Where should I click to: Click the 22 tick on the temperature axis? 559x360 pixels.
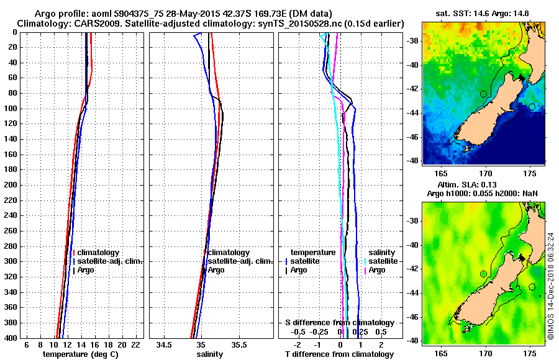(135, 344)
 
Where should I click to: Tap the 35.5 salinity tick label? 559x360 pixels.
(239, 344)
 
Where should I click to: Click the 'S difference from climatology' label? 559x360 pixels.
(340, 323)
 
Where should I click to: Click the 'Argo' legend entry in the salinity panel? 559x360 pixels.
(216, 270)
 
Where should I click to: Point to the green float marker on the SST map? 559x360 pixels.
(483, 94)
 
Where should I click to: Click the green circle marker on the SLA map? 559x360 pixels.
(483, 274)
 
